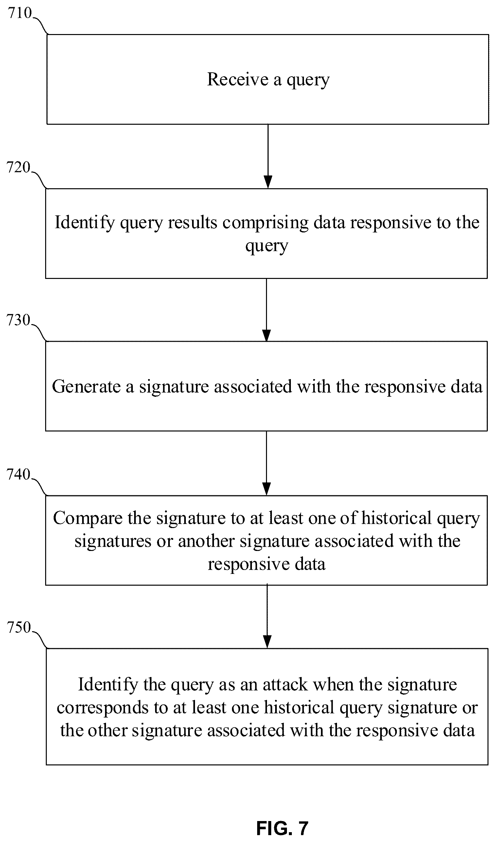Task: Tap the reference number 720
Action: coord(19,167)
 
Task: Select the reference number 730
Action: coord(19,320)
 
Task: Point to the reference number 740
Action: coord(19,474)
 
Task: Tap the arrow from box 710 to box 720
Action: coord(268,156)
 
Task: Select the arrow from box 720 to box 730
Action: coord(266,310)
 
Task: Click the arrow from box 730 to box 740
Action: coord(266,463)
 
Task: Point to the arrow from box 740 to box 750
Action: coord(267,616)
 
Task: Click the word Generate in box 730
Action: coord(86,387)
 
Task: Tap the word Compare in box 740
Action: coord(88,519)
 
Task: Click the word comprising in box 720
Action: coord(265,223)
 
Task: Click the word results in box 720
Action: coord(192,223)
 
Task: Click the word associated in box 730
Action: coord(253,387)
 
